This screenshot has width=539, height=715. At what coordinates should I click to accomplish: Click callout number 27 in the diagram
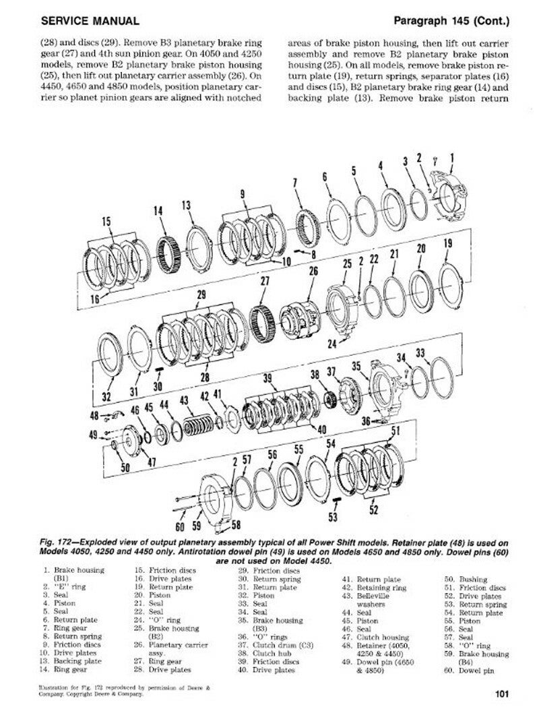click(x=265, y=281)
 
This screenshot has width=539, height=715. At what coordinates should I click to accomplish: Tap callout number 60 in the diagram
click(x=179, y=526)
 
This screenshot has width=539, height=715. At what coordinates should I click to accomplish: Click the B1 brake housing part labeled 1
click(x=455, y=195)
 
